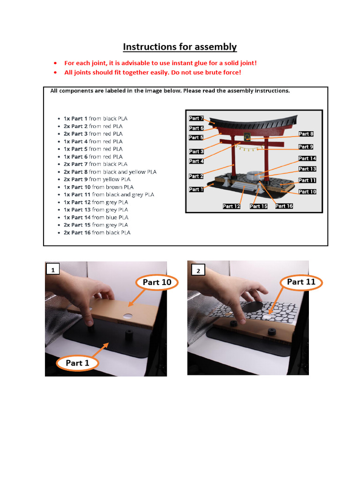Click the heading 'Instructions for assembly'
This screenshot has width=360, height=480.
(180, 47)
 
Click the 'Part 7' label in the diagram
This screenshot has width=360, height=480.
(196, 119)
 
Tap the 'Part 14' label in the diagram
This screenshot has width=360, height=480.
(307, 158)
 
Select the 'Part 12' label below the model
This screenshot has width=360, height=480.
(231, 206)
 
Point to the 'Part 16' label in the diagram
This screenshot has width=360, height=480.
(284, 206)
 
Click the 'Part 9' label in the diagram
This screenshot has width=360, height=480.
(306, 147)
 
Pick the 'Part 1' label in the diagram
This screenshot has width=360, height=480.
(196, 189)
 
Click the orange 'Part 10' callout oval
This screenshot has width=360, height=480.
(157, 282)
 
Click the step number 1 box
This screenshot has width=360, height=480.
(53, 270)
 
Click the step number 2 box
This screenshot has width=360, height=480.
(198, 271)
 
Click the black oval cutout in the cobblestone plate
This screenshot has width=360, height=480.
(255, 307)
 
